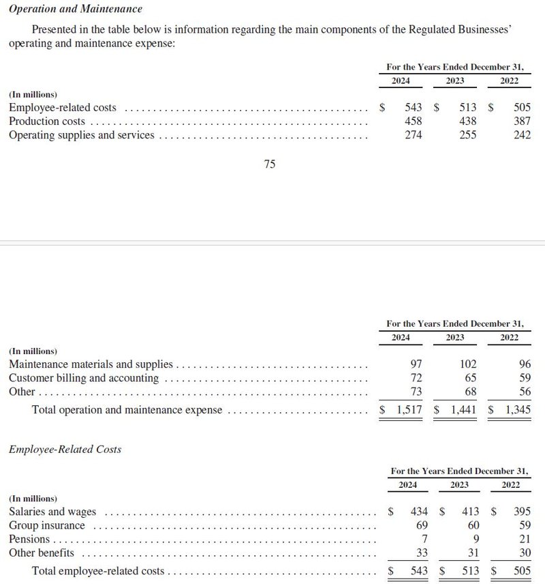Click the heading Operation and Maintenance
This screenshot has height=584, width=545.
click(75, 10)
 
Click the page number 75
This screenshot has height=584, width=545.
click(269, 164)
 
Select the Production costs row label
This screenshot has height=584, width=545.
click(47, 121)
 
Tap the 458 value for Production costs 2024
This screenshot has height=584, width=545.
click(413, 121)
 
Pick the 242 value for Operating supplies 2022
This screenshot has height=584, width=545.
click(521, 135)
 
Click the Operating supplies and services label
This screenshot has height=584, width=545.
click(81, 135)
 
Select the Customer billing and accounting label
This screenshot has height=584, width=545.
click(84, 378)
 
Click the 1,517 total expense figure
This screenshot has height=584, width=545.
click(409, 410)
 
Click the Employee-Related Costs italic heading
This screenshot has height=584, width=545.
click(65, 449)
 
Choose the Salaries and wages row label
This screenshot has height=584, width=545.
click(52, 512)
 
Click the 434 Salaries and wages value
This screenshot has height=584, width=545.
click(418, 512)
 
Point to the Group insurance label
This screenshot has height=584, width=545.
click(47, 525)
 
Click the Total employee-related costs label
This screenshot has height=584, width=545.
click(98, 571)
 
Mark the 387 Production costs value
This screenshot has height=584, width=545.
click(521, 121)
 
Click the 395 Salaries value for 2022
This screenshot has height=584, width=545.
click(521, 512)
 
